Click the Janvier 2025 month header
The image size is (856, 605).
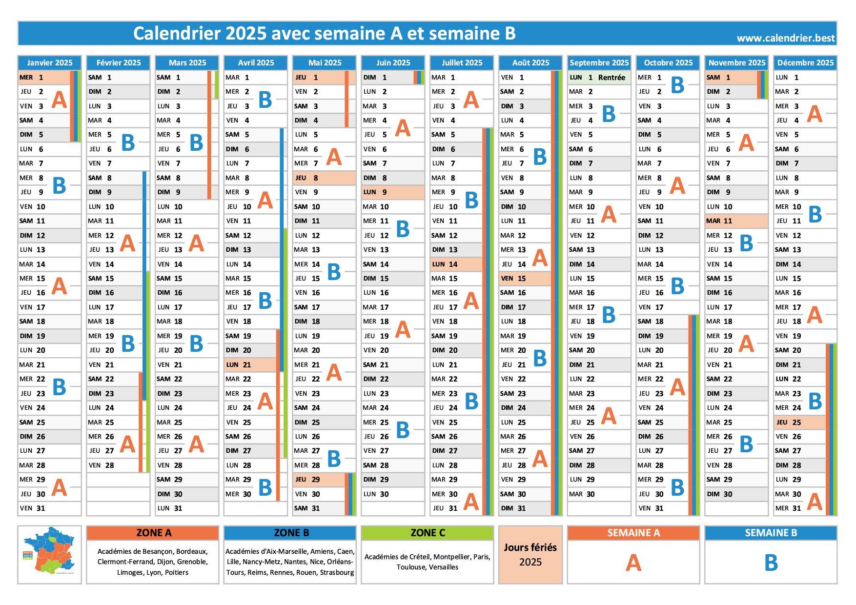point(49,62)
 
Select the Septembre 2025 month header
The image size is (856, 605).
point(599,62)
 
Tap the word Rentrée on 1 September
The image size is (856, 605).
point(611,78)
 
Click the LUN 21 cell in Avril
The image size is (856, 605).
point(244,365)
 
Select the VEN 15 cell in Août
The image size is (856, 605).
point(520,279)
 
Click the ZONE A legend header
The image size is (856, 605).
point(152,533)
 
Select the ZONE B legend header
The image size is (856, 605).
point(290,533)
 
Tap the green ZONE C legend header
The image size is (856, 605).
point(427,533)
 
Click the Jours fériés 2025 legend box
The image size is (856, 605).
point(530,555)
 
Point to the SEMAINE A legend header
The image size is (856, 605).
point(633,533)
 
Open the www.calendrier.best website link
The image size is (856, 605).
point(785,38)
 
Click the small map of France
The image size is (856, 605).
point(49,551)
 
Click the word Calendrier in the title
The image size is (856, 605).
point(176,33)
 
